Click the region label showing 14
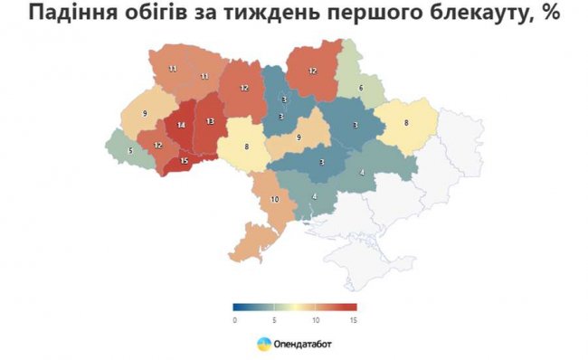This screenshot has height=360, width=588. [x=182, y=126]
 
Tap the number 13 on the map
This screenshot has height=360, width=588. [x=210, y=121]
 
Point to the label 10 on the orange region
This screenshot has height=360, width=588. [x=275, y=198]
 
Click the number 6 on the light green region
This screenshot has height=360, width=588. [x=360, y=88]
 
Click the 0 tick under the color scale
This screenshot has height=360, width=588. [x=233, y=319]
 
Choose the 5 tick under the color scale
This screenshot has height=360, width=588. [x=275, y=319]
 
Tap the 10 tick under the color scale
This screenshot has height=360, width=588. [x=315, y=319]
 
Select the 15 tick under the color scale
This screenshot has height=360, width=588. [x=354, y=319]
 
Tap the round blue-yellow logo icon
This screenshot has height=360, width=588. [x=263, y=344]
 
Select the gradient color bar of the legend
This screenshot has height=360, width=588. [x=294, y=307]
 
